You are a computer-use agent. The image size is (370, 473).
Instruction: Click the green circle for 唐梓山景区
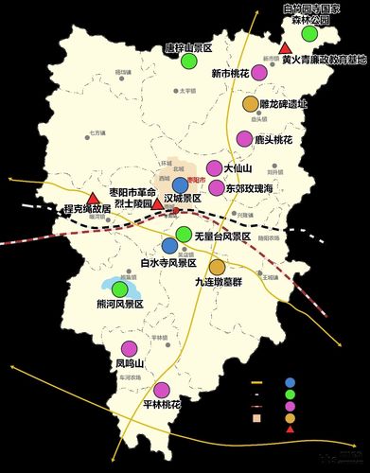[x=189, y=61]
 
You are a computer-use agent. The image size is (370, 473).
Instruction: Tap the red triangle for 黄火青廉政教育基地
[x=285, y=47]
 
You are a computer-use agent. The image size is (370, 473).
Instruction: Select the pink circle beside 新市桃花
[x=259, y=72]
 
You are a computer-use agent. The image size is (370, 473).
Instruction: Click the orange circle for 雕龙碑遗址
[x=251, y=104]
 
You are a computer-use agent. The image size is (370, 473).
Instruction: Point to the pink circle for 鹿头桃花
[x=246, y=139]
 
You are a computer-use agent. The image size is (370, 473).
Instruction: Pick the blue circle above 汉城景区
[x=181, y=184]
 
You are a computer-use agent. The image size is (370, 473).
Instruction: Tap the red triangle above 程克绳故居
[x=93, y=199]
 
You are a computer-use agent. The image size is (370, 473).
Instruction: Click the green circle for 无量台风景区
[x=184, y=235]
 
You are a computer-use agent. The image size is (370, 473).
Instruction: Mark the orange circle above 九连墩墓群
[x=217, y=267]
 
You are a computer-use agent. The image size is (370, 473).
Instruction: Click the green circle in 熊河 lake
[x=120, y=289]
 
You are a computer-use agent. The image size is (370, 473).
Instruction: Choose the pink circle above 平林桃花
[x=161, y=389]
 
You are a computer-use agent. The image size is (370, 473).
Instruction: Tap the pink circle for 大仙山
[x=214, y=168]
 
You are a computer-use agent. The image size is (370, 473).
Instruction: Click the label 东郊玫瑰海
[x=253, y=188]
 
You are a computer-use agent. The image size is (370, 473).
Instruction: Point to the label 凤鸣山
[x=129, y=362]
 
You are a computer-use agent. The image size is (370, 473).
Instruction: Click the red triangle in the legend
[x=290, y=429]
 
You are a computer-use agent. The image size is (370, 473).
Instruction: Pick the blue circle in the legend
[x=289, y=383]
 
